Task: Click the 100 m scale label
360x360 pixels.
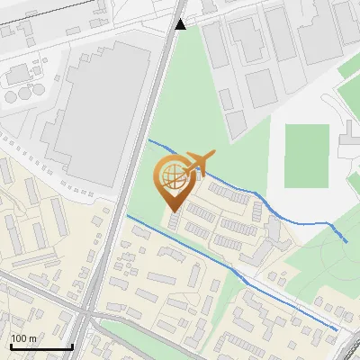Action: point(22,338)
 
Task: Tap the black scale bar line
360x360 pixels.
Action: point(40,346)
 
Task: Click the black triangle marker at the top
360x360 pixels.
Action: point(181,24)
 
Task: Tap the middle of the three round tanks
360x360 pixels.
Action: point(21,94)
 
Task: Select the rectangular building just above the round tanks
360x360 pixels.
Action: point(18,74)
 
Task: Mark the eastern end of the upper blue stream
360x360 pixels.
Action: point(346,241)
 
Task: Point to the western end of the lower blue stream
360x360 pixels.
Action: point(128,216)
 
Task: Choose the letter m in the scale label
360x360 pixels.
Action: point(31,338)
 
